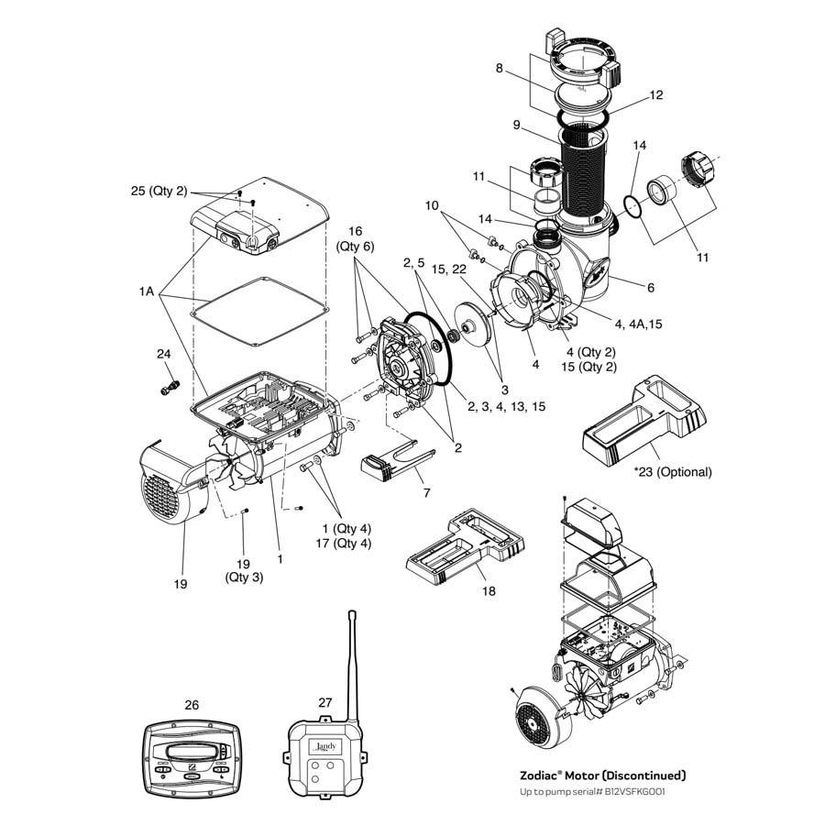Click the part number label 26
tap(192, 705)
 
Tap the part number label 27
tap(325, 702)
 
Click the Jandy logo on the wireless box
tap(327, 746)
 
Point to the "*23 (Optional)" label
tap(672, 472)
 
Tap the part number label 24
tap(164, 353)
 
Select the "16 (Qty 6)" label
tap(355, 238)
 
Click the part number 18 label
tap(489, 591)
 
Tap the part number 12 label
tap(655, 94)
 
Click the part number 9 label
tap(517, 125)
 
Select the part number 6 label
tap(650, 287)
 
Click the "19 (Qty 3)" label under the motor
tap(244, 570)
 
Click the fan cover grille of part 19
tap(159, 500)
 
